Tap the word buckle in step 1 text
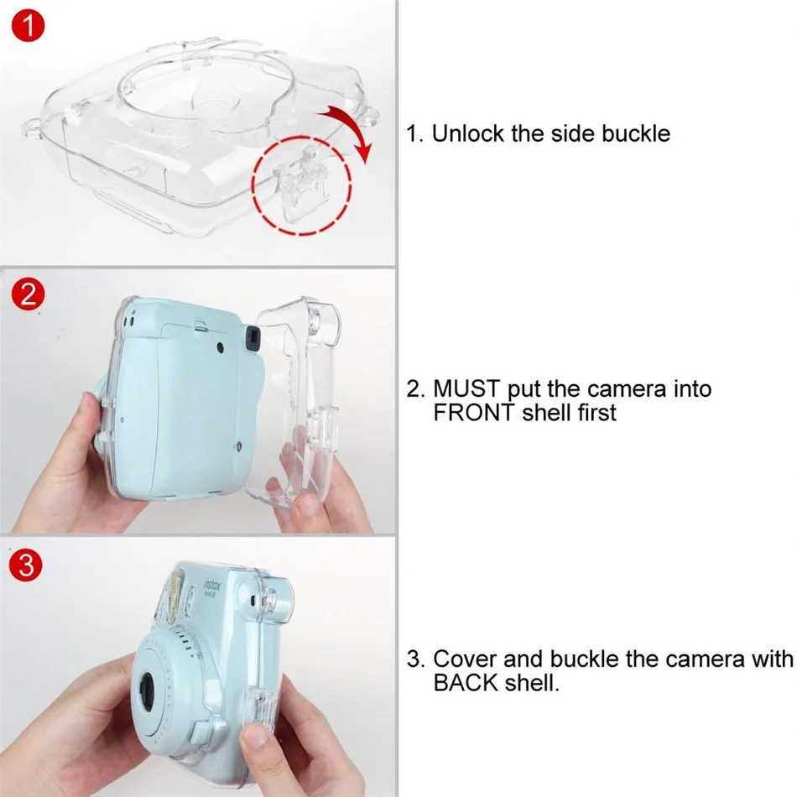(635, 133)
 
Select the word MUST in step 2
(467, 389)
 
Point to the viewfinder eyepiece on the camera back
(249, 336)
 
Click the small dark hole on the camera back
(218, 347)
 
